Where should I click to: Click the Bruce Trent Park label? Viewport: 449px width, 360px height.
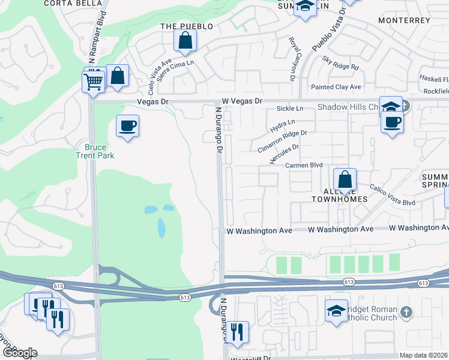[99, 151]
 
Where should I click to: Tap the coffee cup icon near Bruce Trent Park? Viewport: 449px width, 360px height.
[127, 127]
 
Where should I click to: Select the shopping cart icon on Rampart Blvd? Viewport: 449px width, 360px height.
[94, 81]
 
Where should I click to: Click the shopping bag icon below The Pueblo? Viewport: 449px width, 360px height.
[185, 41]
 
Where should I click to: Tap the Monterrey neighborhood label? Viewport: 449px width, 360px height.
[405, 20]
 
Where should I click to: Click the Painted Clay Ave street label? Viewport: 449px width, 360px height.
[336, 87]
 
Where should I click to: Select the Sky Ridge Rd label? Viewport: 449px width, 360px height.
[340, 63]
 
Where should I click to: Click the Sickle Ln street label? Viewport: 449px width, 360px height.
[290, 109]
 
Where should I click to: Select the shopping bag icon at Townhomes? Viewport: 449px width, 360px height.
[345, 179]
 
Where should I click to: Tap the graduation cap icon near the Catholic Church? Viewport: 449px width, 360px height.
[336, 310]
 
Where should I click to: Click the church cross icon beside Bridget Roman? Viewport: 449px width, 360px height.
[406, 312]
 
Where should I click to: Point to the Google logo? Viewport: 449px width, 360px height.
[19, 352]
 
